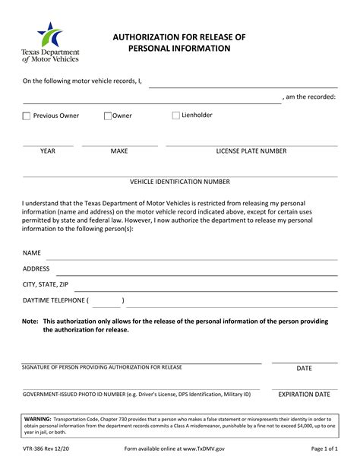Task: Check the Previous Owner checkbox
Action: [27, 116]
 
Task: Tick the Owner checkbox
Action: [108, 116]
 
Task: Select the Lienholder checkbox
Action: [176, 116]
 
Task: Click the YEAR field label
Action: [48, 151]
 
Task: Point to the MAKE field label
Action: [119, 151]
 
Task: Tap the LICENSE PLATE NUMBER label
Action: [251, 151]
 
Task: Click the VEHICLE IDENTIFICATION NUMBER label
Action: [180, 182]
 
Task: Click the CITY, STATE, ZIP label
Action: [46, 284]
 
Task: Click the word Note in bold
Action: [30, 322]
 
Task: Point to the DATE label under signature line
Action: [305, 369]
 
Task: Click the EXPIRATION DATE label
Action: [305, 395]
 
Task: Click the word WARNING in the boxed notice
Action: [38, 419]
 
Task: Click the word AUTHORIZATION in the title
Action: [153, 36]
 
